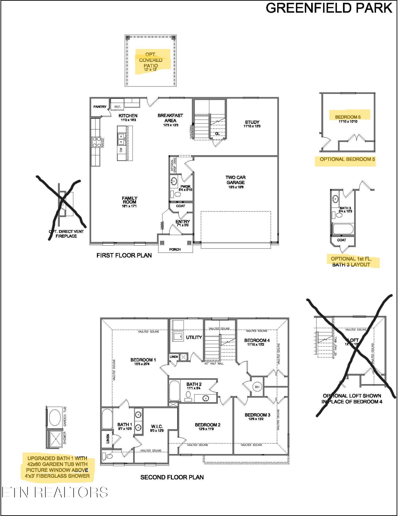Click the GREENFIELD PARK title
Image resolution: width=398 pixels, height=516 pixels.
point(329,8)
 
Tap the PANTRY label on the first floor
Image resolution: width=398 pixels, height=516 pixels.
point(100,107)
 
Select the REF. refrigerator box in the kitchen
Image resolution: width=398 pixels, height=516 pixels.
point(117,107)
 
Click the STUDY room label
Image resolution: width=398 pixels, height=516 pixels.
point(252,122)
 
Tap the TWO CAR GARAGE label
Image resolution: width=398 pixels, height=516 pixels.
point(235,180)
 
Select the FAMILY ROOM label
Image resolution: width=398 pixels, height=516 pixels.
point(129,200)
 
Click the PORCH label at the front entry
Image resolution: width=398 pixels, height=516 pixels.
point(175,249)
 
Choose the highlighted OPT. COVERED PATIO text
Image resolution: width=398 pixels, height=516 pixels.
point(151,60)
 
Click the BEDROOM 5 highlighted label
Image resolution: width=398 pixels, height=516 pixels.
point(348,117)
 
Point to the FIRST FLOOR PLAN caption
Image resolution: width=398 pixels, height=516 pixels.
point(124,255)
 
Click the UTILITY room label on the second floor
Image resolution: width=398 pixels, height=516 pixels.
point(194,337)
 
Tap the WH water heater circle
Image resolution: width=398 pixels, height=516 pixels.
point(257,387)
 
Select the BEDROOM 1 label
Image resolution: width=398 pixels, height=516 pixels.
point(143,360)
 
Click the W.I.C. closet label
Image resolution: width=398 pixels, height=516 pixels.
point(157,426)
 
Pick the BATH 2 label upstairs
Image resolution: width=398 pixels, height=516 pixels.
point(194,384)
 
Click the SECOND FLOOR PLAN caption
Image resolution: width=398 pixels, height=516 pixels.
point(172,477)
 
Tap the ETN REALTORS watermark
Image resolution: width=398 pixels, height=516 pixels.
point(55,492)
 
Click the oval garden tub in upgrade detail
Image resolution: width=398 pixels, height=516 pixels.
point(55,417)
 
